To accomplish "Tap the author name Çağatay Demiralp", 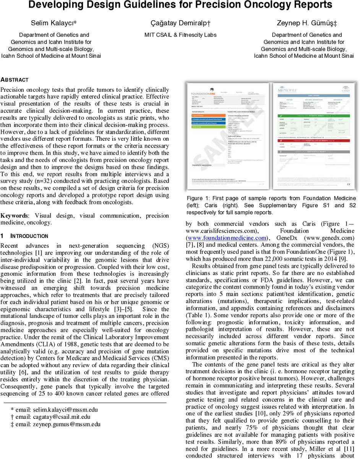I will (180, 23).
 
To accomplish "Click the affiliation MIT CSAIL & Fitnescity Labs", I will (180, 35).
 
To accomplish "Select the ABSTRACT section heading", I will (15, 80).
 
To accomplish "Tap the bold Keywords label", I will (14, 216).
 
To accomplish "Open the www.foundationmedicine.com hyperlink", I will (227, 238).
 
